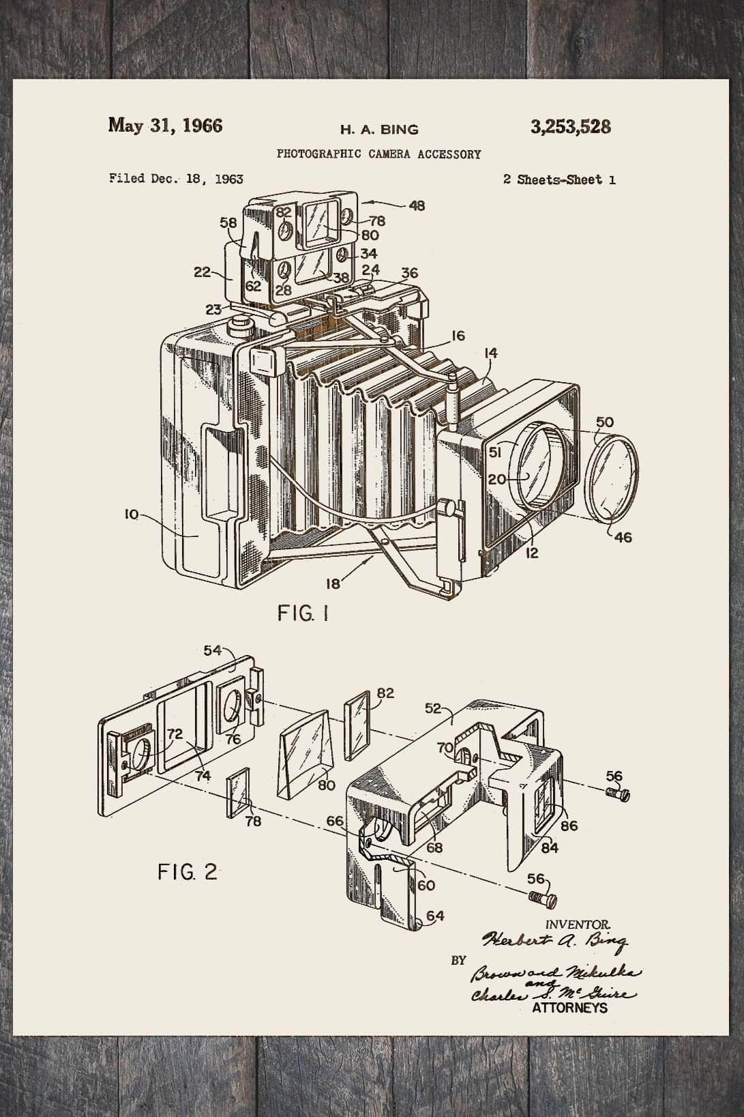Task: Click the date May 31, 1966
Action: tap(165, 126)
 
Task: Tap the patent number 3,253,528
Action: tap(570, 127)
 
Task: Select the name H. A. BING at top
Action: tap(379, 129)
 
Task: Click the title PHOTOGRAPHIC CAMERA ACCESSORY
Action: tap(378, 154)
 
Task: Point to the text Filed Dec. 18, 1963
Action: tap(176, 179)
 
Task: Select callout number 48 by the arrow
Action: tap(417, 205)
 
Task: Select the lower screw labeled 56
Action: tap(544, 898)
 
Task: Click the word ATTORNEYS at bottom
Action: tap(569, 1007)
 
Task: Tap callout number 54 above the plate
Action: tap(213, 650)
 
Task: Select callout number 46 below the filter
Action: tap(623, 538)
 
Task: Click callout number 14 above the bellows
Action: tap(491, 353)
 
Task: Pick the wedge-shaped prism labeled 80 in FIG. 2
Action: tap(306, 751)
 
